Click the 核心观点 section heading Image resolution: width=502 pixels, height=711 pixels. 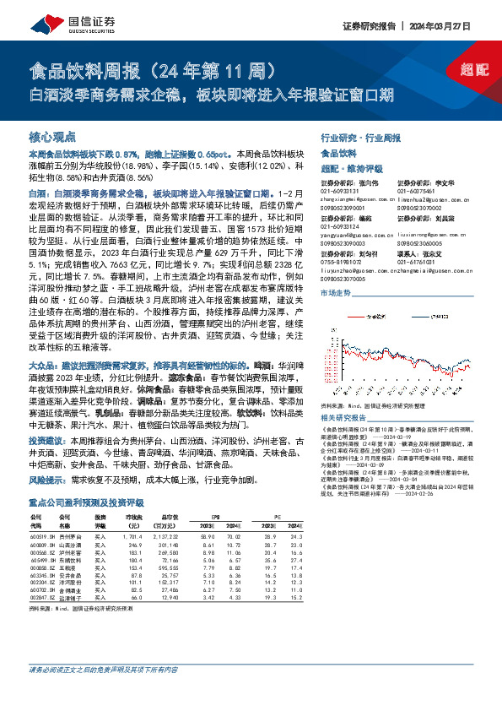coord(52,136)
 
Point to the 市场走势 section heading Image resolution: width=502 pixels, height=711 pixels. coord(336,292)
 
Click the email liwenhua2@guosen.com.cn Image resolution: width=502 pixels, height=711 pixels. coord(414,197)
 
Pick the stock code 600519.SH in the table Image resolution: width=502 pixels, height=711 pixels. coord(41,535)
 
